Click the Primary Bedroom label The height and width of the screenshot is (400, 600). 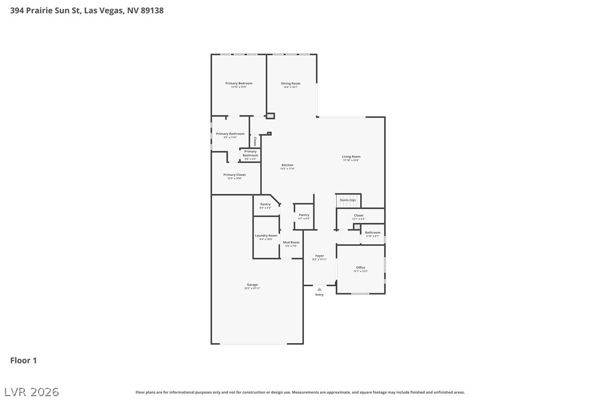tap(239, 83)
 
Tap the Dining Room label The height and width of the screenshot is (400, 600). tap(291, 83)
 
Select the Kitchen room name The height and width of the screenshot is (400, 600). tap(287, 165)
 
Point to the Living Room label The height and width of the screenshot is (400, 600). tap(351, 156)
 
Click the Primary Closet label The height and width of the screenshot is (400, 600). tap(234, 175)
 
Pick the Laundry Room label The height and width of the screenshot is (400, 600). tap(266, 235)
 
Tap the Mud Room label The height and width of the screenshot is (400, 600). tap(291, 242)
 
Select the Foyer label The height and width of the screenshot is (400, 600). tap(319, 256)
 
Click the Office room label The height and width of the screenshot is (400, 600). tap(360, 267)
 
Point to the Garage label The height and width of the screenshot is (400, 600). tap(252, 285)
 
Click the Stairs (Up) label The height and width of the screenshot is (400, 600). tap(348, 200)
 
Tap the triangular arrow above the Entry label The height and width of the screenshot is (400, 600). tap(319, 289)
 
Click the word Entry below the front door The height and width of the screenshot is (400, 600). tap(319, 294)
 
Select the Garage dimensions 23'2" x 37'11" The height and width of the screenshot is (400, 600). tap(252, 288)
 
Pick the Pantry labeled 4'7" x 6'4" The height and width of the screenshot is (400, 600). tap(304, 215)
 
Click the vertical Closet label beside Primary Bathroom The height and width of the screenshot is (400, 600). tap(255, 141)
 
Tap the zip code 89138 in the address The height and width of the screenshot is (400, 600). tap(152, 10)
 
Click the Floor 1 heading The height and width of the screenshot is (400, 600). tap(23, 360)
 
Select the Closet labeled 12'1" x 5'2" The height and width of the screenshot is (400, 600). tap(359, 215)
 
